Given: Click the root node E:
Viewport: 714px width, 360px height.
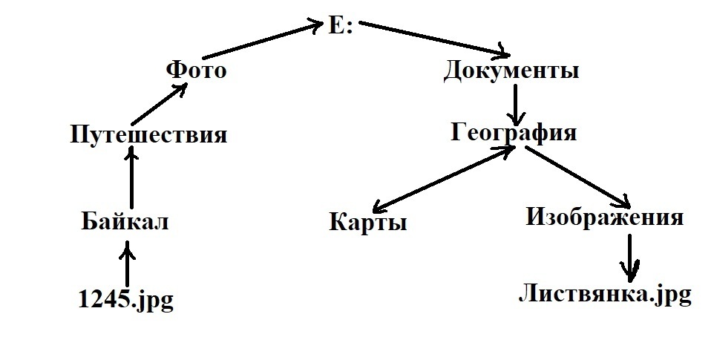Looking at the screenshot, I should point(341,27).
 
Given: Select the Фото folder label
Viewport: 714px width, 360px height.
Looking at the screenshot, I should point(196,71).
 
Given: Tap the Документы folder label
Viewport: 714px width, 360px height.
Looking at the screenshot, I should point(511,72).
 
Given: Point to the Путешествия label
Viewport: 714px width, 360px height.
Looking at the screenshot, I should point(148,136).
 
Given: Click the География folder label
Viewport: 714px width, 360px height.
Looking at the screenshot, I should point(514,133).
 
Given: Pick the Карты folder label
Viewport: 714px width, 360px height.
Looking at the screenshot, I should point(367,223).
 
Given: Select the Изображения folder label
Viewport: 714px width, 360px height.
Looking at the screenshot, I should point(605,217).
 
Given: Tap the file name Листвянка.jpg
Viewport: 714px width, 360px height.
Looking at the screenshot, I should point(604,294).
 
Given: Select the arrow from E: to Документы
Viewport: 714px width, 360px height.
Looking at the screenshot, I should point(434,40).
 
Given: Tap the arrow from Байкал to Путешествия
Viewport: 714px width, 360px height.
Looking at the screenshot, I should point(131,178).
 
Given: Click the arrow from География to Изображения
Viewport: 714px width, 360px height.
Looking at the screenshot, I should point(577,177).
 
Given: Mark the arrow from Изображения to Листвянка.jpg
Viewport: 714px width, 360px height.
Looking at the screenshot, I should point(630,256).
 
